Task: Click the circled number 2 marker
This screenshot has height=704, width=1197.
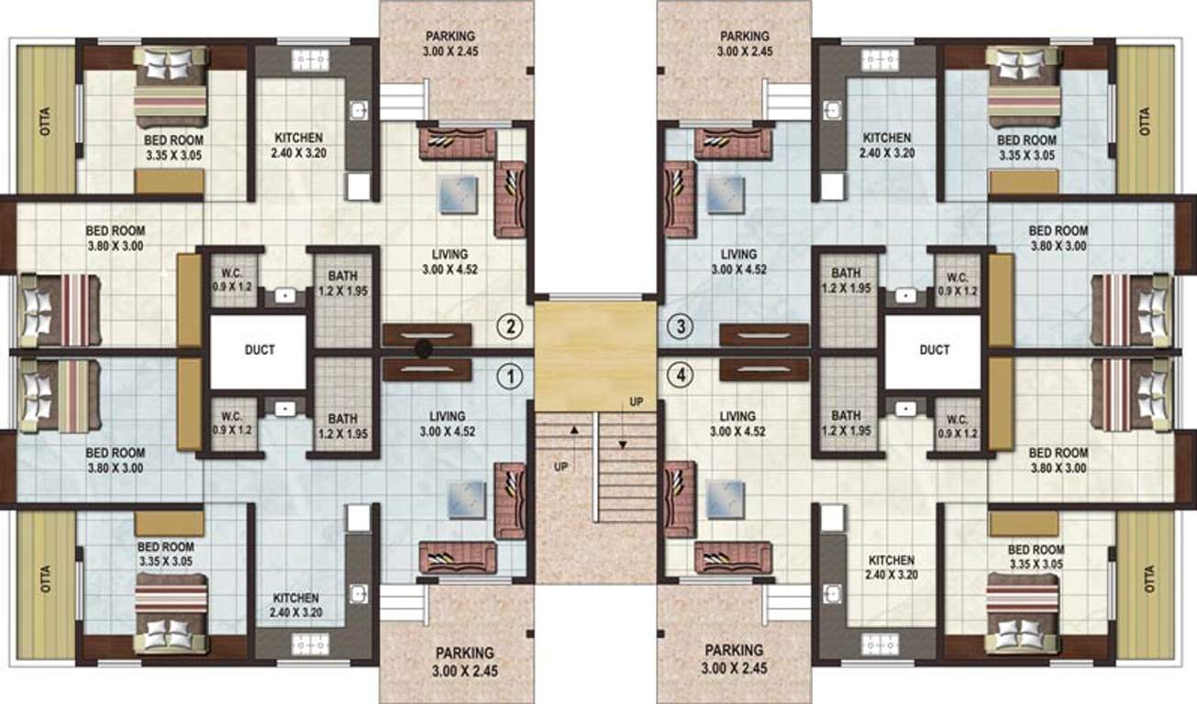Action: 510,325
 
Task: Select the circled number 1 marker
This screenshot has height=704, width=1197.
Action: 510,374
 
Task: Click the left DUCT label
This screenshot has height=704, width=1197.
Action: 260,349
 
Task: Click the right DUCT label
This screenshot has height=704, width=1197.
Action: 935,349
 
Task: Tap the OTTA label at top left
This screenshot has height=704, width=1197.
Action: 46,121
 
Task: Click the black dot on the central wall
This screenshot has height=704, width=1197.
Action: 424,348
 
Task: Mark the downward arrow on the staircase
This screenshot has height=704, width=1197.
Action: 623,445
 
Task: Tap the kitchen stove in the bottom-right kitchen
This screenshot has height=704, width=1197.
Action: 880,643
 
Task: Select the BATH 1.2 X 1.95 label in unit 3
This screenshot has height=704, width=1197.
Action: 846,280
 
